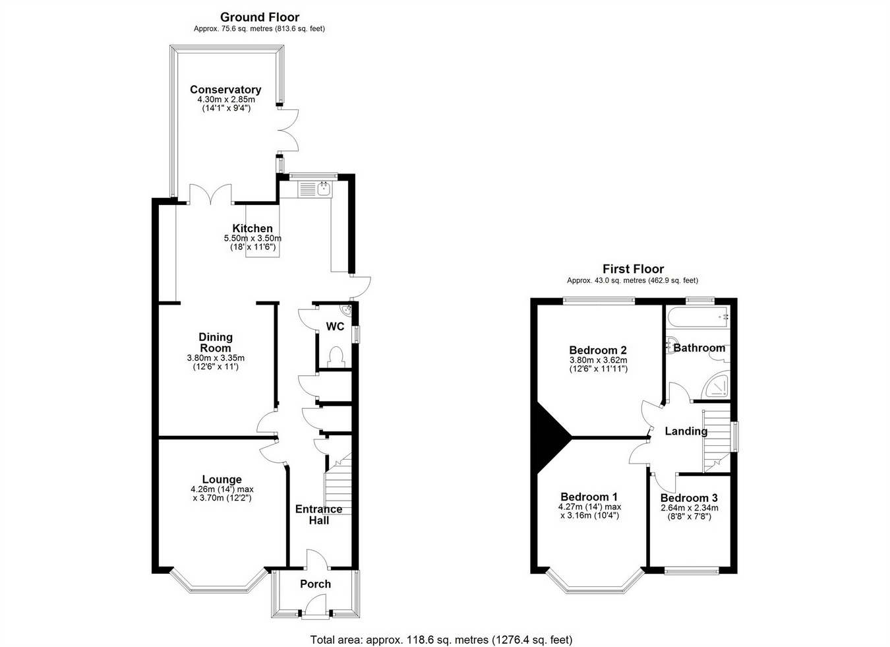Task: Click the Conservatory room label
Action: coord(225,90)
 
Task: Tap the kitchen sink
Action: coord(316,189)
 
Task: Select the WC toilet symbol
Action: coord(336,357)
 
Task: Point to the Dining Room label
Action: coord(216,342)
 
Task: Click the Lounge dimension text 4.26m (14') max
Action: coord(222,489)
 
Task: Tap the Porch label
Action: coord(315,584)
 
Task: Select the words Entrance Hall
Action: coord(318,514)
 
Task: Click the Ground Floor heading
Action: coord(260,17)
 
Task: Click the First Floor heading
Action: coord(633,269)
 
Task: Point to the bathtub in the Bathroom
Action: coord(698,317)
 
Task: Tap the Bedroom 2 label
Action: coord(598,350)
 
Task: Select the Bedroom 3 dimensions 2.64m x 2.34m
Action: coord(690,508)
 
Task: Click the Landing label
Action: coord(686,431)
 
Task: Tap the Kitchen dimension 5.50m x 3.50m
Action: coord(252,239)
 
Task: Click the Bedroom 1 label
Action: coord(589,497)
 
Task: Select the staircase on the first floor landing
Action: coord(717,441)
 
